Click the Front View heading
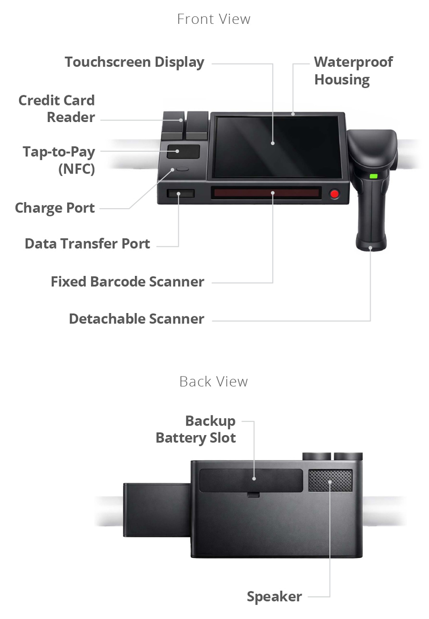(214, 19)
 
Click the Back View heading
(214, 382)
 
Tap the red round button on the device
(335, 194)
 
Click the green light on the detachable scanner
(373, 176)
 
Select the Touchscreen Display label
(134, 62)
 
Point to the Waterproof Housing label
(354, 71)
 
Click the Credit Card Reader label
(57, 109)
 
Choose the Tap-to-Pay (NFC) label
(59, 160)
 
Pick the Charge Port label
(55, 208)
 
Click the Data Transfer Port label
(87, 244)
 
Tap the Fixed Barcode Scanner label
(127, 282)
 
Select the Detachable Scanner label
(136, 319)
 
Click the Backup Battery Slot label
(196, 429)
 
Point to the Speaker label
(274, 597)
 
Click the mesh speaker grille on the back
(330, 481)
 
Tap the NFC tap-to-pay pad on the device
(183, 152)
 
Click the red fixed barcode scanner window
(266, 193)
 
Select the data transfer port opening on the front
(181, 193)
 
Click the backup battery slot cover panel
(251, 480)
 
